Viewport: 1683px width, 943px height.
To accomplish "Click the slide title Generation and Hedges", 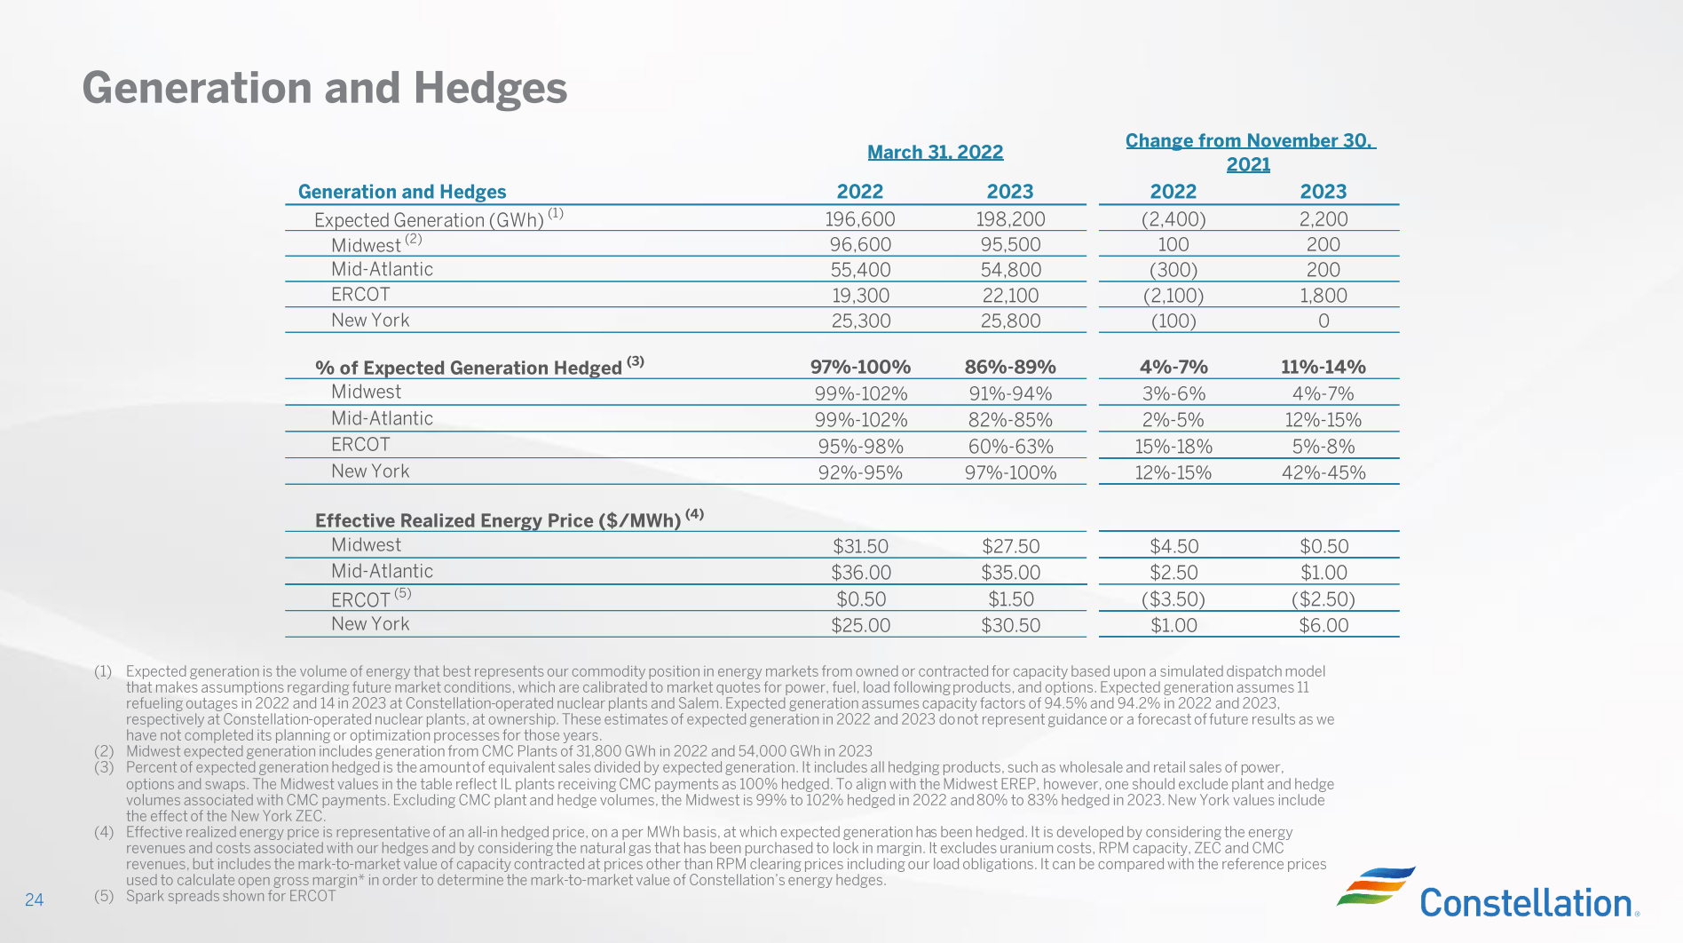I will click(x=324, y=88).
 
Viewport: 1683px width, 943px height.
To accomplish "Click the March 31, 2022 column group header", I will click(x=935, y=152).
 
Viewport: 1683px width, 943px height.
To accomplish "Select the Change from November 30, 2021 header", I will click(x=1250, y=152).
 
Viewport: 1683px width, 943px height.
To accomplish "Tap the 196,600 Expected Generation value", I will click(x=859, y=219).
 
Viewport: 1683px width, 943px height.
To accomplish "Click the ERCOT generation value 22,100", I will click(x=1010, y=296).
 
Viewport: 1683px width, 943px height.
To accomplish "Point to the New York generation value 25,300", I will click(x=860, y=321).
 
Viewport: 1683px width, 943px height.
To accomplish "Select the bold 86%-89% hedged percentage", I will click(x=1010, y=367).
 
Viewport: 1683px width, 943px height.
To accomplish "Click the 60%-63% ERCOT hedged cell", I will click(x=1010, y=447).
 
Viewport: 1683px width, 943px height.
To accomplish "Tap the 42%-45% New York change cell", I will click(x=1323, y=472).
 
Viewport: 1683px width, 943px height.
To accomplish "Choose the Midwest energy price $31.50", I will click(x=860, y=546).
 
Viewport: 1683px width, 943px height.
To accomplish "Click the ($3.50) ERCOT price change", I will click(x=1173, y=599).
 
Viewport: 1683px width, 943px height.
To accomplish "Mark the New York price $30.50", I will click(x=1010, y=625).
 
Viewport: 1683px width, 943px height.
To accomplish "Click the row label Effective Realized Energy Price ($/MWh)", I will click(x=497, y=520).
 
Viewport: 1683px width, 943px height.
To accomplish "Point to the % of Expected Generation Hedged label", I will click(x=468, y=368).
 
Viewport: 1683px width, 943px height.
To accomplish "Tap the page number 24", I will click(x=34, y=899).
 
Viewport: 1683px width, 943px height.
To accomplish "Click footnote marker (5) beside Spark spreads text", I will click(x=104, y=896).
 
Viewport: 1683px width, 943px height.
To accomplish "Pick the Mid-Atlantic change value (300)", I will click(x=1173, y=270).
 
